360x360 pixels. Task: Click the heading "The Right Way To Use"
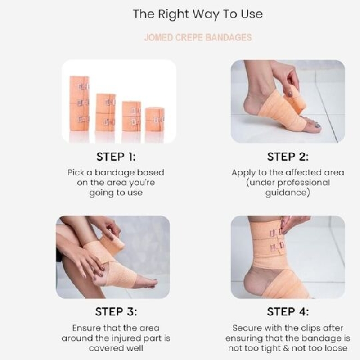(198, 14)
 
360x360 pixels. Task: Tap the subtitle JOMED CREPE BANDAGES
(198, 37)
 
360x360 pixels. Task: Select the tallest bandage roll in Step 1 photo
(80, 103)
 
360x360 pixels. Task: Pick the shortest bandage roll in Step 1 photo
(155, 120)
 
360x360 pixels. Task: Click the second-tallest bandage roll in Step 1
(106, 112)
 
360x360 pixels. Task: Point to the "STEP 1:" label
(116, 157)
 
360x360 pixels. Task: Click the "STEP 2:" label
(288, 157)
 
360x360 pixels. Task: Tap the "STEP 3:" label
(116, 312)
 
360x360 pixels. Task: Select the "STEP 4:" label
(288, 312)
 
